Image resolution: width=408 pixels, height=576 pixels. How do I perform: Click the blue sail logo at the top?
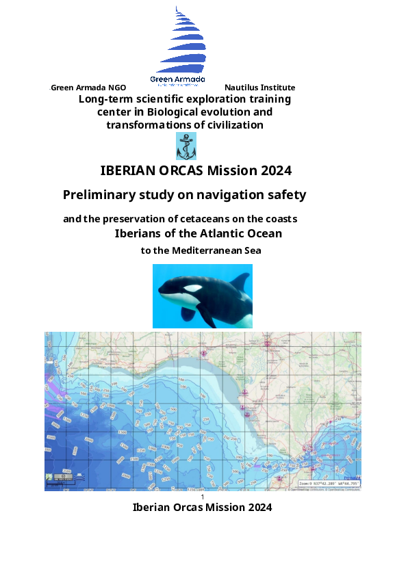179,41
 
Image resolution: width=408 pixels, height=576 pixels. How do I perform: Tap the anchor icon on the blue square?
186,146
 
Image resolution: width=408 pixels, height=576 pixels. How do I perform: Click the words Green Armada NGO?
88,88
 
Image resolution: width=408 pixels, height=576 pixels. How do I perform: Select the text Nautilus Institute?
259,88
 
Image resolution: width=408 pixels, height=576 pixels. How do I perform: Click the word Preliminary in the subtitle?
98,195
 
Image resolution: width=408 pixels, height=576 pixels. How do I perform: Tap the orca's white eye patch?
194,288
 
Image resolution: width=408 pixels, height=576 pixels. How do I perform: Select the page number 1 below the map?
203,497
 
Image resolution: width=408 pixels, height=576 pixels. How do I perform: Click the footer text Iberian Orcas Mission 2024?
202,508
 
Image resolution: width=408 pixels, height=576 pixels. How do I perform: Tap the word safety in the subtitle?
288,195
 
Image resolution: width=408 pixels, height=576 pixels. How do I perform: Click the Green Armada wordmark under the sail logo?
177,80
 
